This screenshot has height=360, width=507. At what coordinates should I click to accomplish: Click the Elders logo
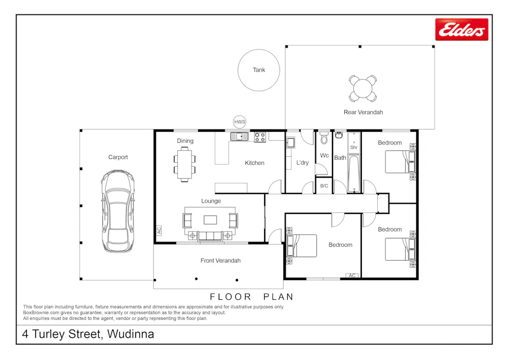[462, 30]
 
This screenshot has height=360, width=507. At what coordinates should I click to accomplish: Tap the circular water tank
[259, 70]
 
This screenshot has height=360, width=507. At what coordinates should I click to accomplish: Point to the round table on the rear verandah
[363, 89]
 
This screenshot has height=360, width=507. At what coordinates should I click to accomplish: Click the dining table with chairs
[185, 164]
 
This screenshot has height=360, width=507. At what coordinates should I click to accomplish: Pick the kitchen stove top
[260, 137]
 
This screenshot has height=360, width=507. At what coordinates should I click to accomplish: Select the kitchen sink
[239, 137]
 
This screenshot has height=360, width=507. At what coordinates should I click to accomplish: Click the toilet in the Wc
[324, 140]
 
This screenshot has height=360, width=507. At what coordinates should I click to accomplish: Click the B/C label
[324, 186]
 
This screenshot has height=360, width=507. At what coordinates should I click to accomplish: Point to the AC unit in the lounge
[159, 230]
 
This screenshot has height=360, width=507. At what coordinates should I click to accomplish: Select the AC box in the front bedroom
[352, 275]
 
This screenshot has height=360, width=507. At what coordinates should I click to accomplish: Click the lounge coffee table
[211, 219]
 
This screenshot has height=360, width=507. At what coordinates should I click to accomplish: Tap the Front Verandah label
[220, 261]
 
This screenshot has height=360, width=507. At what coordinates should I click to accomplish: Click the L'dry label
[302, 163]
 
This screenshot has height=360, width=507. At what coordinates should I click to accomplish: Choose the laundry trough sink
[291, 142]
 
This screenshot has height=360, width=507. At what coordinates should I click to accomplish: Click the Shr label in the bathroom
[353, 147]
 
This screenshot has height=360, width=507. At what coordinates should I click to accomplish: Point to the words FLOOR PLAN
[251, 297]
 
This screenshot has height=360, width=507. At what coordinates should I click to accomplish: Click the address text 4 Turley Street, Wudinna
[88, 334]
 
